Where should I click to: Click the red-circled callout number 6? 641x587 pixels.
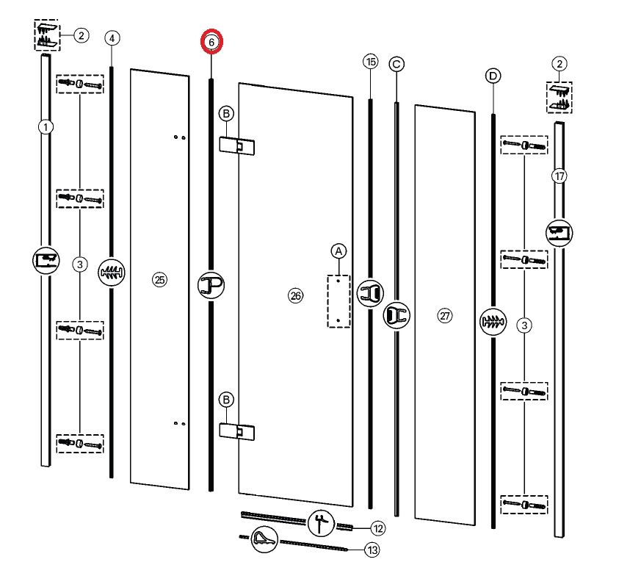click(211, 42)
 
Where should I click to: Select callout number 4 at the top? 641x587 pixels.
click(112, 38)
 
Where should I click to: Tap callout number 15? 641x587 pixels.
click(371, 62)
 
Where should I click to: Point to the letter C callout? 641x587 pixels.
click(396, 64)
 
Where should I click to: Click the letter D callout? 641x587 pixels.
click(493, 76)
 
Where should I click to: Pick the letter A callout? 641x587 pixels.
click(338, 251)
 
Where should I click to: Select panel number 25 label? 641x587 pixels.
click(159, 280)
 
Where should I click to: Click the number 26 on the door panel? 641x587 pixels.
click(296, 296)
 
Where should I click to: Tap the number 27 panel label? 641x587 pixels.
click(445, 316)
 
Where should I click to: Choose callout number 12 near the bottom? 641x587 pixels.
click(378, 528)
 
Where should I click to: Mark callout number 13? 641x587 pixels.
click(372, 550)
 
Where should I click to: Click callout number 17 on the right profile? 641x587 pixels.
click(559, 176)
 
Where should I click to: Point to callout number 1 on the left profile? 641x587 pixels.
click(46, 127)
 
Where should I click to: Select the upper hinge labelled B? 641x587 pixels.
click(236, 145)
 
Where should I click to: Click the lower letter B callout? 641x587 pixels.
click(226, 400)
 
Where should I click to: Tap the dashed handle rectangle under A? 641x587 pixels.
click(339, 301)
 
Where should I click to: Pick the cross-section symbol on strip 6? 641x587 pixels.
click(211, 285)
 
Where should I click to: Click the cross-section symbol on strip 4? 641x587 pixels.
click(112, 273)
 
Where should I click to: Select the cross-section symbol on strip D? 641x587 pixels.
click(493, 322)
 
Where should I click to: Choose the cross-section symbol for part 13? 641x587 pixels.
click(264, 539)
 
